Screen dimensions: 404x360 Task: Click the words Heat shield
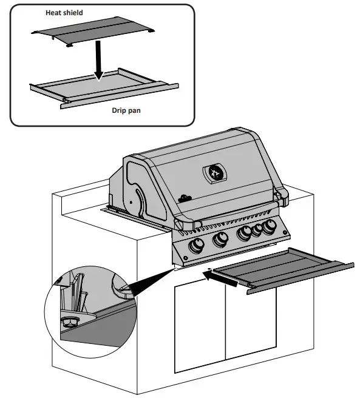65,12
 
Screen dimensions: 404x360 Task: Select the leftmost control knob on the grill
197,246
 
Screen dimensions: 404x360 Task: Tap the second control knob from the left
220,240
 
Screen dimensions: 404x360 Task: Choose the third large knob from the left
245,233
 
